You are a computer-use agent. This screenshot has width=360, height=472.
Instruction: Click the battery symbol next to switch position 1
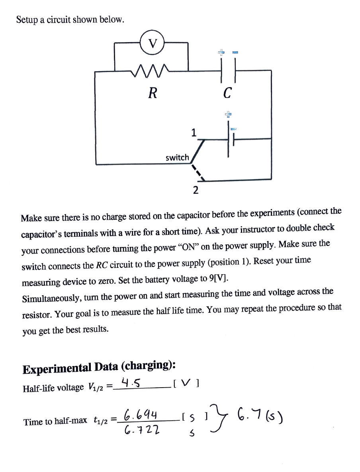pos(230,139)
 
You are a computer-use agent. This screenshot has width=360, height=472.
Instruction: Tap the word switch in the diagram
pos(177,158)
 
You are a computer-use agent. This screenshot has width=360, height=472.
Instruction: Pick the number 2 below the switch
pos(195,190)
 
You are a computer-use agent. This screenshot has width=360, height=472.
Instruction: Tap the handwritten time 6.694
pos(139,415)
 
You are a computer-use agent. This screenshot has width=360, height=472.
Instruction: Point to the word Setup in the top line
pos(28,20)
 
